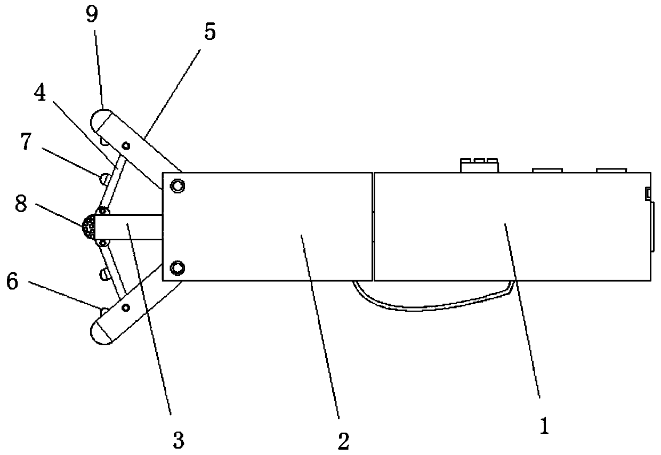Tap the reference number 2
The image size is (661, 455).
pyautogui.click(x=343, y=440)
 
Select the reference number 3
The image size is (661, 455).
pyautogui.click(x=178, y=440)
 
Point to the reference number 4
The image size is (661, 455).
pyautogui.click(x=39, y=93)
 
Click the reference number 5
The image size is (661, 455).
pyautogui.click(x=209, y=32)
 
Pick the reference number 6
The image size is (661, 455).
pyautogui.click(x=11, y=281)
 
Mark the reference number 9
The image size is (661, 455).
pyautogui.click(x=92, y=14)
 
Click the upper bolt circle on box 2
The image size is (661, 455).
pyautogui.click(x=177, y=185)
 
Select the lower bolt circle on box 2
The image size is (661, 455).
pyautogui.click(x=177, y=267)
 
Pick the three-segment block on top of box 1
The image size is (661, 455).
pyautogui.click(x=479, y=165)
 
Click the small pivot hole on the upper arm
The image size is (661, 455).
pyautogui.click(x=126, y=145)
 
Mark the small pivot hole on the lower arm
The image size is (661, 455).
pyautogui.click(x=126, y=307)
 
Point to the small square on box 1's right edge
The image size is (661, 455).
pyautogui.click(x=648, y=192)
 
